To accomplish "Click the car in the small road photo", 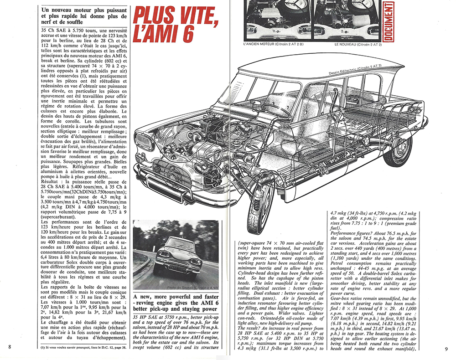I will (x=176, y=258).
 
